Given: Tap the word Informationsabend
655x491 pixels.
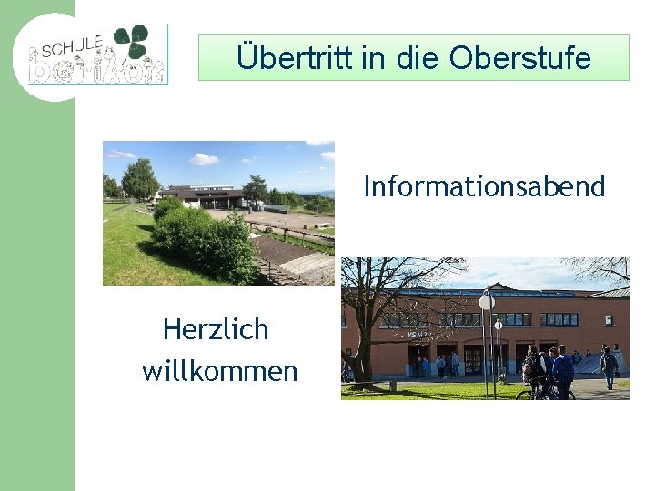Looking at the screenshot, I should point(484,186).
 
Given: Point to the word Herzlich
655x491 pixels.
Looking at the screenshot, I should point(216,329).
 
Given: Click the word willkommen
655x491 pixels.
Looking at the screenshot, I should point(219,371).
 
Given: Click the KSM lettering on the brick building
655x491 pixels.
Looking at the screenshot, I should point(416,334).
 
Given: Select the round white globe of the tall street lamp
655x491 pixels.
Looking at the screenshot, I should point(487,301).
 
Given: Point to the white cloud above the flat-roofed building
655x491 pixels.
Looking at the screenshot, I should point(204,159).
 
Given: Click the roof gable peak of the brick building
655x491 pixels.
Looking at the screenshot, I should point(500,286).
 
